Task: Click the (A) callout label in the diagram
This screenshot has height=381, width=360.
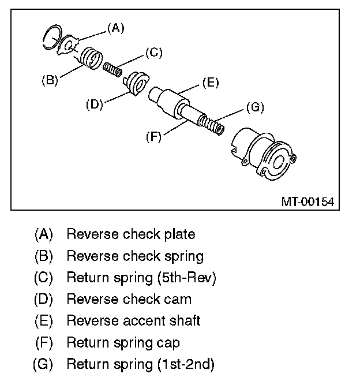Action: [x=116, y=27]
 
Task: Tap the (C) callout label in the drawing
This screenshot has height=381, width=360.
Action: [x=153, y=53]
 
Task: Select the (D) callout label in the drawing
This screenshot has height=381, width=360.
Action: [x=94, y=104]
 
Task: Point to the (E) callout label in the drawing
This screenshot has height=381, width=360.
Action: [x=210, y=83]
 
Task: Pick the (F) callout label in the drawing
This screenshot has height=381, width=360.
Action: [x=153, y=137]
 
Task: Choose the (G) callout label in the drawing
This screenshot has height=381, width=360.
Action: [x=254, y=107]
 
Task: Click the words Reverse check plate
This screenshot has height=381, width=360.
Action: [x=130, y=234]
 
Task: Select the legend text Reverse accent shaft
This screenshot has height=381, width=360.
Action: [x=133, y=321]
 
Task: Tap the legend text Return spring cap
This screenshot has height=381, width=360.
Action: [x=123, y=343]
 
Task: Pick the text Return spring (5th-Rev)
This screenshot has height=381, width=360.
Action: [x=141, y=278]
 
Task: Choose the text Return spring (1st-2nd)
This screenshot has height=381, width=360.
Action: [x=141, y=365]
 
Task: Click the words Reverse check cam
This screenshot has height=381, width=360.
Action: [x=129, y=300]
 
